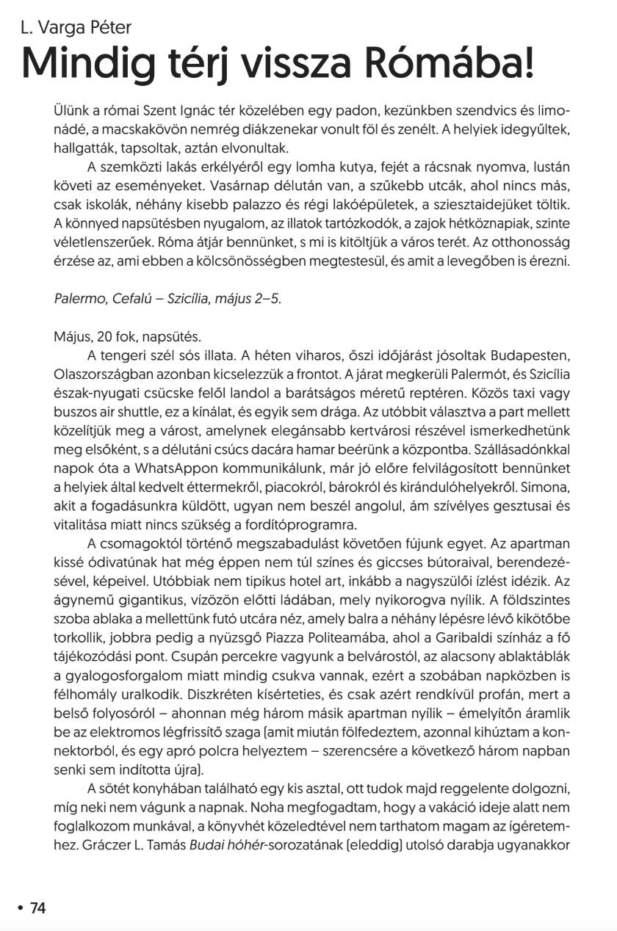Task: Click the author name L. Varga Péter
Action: [76, 28]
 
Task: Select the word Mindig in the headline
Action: [95, 64]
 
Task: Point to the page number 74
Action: [37, 908]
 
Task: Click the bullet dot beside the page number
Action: [20, 909]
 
